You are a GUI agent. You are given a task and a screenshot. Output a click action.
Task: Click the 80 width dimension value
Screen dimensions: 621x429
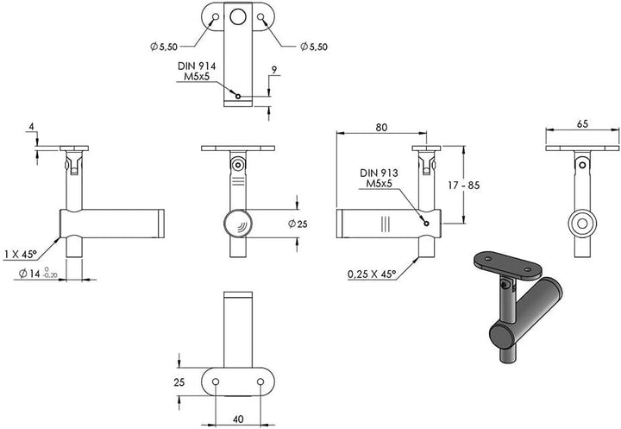[381, 127]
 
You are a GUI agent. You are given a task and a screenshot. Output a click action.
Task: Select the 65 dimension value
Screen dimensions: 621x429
[582, 124]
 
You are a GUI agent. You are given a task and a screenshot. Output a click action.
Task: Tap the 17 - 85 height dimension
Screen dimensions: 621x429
[463, 186]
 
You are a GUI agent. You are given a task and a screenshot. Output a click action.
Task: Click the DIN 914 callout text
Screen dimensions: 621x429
[197, 66]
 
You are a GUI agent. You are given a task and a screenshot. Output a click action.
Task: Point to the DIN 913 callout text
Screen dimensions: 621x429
[379, 173]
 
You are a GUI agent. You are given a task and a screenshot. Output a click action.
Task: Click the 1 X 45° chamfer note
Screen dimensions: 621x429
[20, 254]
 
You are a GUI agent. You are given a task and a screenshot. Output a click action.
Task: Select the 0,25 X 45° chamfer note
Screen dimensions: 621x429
[372, 274]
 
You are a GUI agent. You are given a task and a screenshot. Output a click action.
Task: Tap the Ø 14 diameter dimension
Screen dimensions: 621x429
[38, 273]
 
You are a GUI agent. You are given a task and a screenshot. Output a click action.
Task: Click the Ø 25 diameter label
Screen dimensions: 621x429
[298, 224]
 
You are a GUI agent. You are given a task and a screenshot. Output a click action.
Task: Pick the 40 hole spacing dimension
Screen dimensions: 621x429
[238, 419]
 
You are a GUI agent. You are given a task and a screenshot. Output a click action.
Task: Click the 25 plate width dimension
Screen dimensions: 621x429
[179, 382]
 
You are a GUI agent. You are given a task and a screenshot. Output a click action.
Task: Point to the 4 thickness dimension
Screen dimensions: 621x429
[32, 127]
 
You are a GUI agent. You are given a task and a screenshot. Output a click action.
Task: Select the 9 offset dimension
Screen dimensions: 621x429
[274, 70]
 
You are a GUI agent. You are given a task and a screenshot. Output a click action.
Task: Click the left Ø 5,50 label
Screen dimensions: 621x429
[164, 47]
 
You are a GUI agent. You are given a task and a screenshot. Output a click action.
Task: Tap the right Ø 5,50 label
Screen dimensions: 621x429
[314, 47]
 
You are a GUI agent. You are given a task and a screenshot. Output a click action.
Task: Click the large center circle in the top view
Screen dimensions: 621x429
[238, 17]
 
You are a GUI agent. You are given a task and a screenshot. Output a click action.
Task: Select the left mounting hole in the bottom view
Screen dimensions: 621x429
[216, 382]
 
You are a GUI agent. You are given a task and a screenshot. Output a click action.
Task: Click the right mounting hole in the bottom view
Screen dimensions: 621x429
[260, 382]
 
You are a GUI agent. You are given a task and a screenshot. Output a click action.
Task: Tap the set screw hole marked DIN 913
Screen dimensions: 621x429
[427, 224]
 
